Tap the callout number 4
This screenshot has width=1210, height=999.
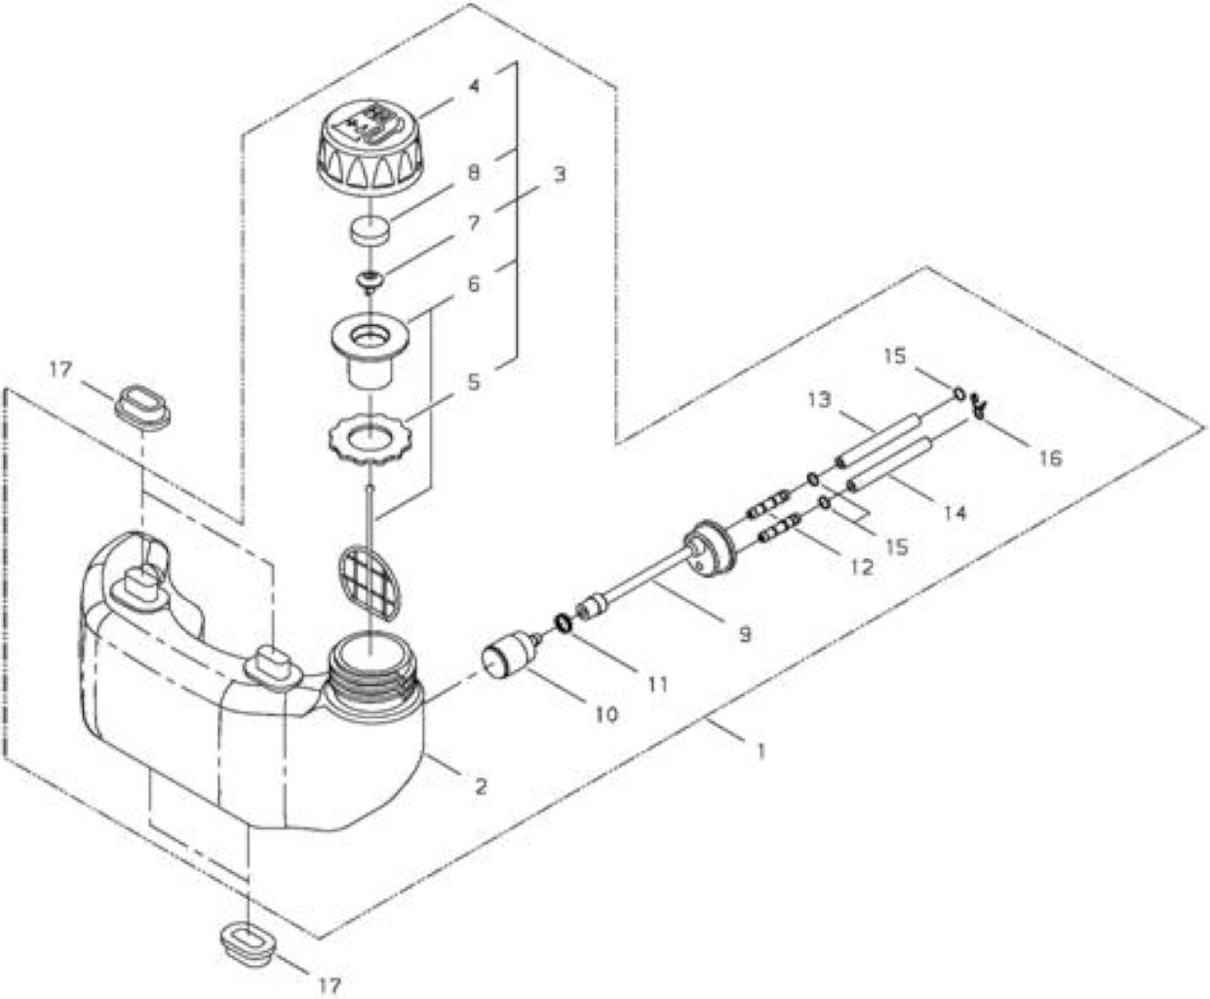(x=475, y=86)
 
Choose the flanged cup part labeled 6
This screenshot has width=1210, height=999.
(x=370, y=349)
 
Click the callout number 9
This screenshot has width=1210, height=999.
(x=745, y=633)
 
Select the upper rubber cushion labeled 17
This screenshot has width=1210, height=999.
(x=142, y=410)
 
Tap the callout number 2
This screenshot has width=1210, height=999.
(x=481, y=786)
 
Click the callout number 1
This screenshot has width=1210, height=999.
(x=761, y=751)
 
